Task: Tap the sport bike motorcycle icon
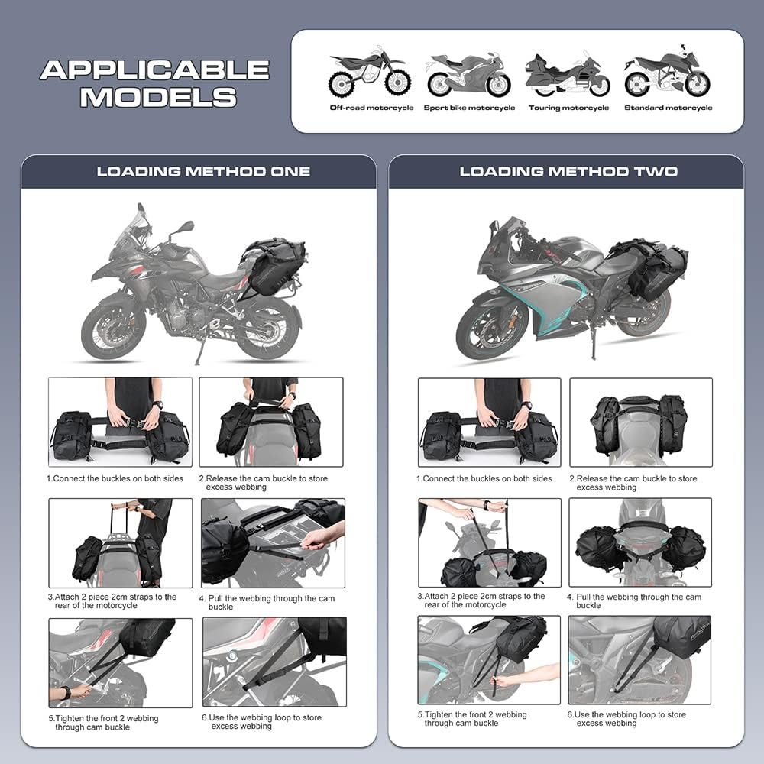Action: tap(468, 75)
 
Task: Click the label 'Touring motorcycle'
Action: tap(568, 108)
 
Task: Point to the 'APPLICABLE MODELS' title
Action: tap(155, 83)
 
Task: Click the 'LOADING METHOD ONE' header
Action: tap(203, 171)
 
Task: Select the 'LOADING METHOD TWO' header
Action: tap(568, 171)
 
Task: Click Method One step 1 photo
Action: tap(120, 422)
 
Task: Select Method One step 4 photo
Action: tap(273, 542)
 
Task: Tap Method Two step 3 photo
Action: tap(489, 542)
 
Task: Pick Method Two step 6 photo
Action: tap(639, 659)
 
